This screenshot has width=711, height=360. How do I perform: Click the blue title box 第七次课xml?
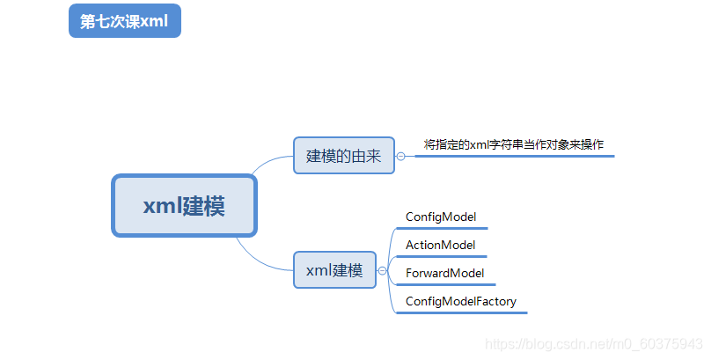(x=125, y=21)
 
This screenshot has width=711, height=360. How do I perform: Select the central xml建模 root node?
(x=185, y=205)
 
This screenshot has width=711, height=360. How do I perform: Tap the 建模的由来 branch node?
(x=344, y=156)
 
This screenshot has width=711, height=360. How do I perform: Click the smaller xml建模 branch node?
(x=334, y=269)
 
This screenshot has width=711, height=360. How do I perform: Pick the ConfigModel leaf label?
(x=441, y=217)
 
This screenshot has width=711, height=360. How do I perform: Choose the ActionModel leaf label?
(x=440, y=245)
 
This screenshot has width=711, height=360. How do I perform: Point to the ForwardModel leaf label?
(x=445, y=273)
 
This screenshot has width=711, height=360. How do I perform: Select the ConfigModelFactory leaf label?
(x=461, y=301)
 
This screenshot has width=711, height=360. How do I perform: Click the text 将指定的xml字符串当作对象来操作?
(x=514, y=144)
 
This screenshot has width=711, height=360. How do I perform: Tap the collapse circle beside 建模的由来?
(x=401, y=157)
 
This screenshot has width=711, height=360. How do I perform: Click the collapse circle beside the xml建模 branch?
(x=382, y=271)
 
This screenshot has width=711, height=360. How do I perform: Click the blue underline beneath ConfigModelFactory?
(x=462, y=312)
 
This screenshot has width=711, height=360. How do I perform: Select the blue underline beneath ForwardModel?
(x=446, y=284)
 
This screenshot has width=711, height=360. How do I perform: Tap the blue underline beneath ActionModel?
(x=442, y=256)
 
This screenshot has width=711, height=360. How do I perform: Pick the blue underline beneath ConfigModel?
(x=442, y=228)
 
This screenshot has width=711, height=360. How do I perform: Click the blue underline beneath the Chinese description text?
(x=515, y=156)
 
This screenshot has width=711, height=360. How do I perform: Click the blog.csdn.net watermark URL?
(x=594, y=344)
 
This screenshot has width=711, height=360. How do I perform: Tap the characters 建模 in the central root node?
(x=204, y=206)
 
